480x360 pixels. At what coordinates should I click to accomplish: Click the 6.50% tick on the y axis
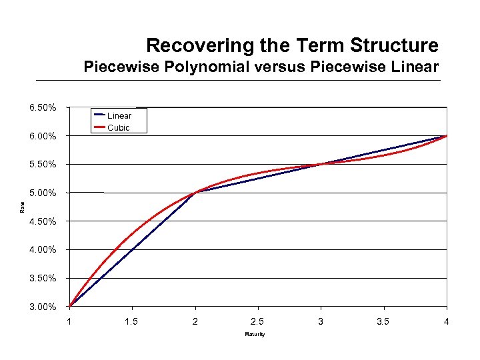[x=42, y=108]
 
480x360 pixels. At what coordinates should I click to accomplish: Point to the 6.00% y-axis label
[x=42, y=136]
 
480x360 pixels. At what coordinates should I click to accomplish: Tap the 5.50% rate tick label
[x=42, y=165]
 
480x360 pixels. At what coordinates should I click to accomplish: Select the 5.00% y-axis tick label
[x=42, y=193]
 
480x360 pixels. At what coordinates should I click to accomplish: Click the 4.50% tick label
[x=42, y=221]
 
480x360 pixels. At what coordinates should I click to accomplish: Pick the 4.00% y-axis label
[x=42, y=250]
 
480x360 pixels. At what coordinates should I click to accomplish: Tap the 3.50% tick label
[x=42, y=278]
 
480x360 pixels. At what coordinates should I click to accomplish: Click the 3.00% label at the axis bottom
[x=42, y=307]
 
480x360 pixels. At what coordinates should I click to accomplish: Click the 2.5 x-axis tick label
[x=258, y=322]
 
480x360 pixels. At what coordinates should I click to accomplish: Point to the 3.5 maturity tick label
[x=383, y=322]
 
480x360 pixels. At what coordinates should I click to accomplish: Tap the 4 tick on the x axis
[x=447, y=322]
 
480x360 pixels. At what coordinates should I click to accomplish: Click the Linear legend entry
[x=119, y=116]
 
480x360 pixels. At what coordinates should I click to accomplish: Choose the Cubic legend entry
[x=119, y=127]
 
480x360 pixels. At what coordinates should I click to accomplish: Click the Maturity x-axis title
[x=255, y=334]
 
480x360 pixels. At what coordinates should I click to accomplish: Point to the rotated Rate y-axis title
[x=22, y=207]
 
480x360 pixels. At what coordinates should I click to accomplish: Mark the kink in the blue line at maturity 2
[x=195, y=193]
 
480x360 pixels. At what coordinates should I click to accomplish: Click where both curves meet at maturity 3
[x=321, y=164]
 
